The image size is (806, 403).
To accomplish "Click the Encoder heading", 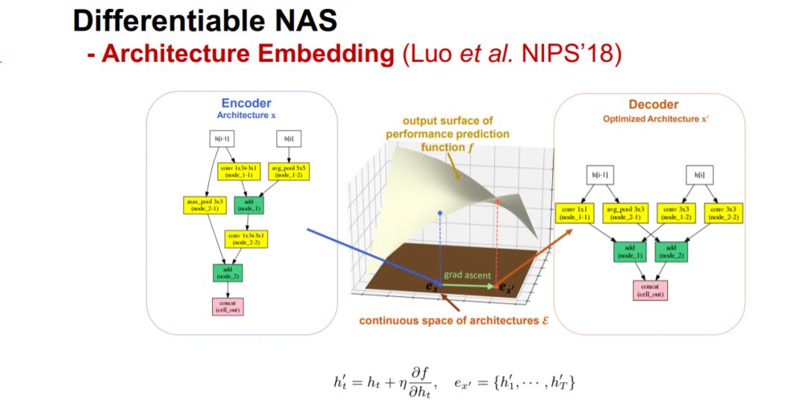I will tap(246, 104).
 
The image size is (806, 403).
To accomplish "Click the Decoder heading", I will tap(653, 104).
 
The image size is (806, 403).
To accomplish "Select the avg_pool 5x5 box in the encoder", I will tap(287, 172).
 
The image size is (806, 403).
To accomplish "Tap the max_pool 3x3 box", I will tap(200, 205).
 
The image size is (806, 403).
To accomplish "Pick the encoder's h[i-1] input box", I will tap(223, 139).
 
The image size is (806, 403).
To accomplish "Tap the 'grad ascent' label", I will tap(464, 275).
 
